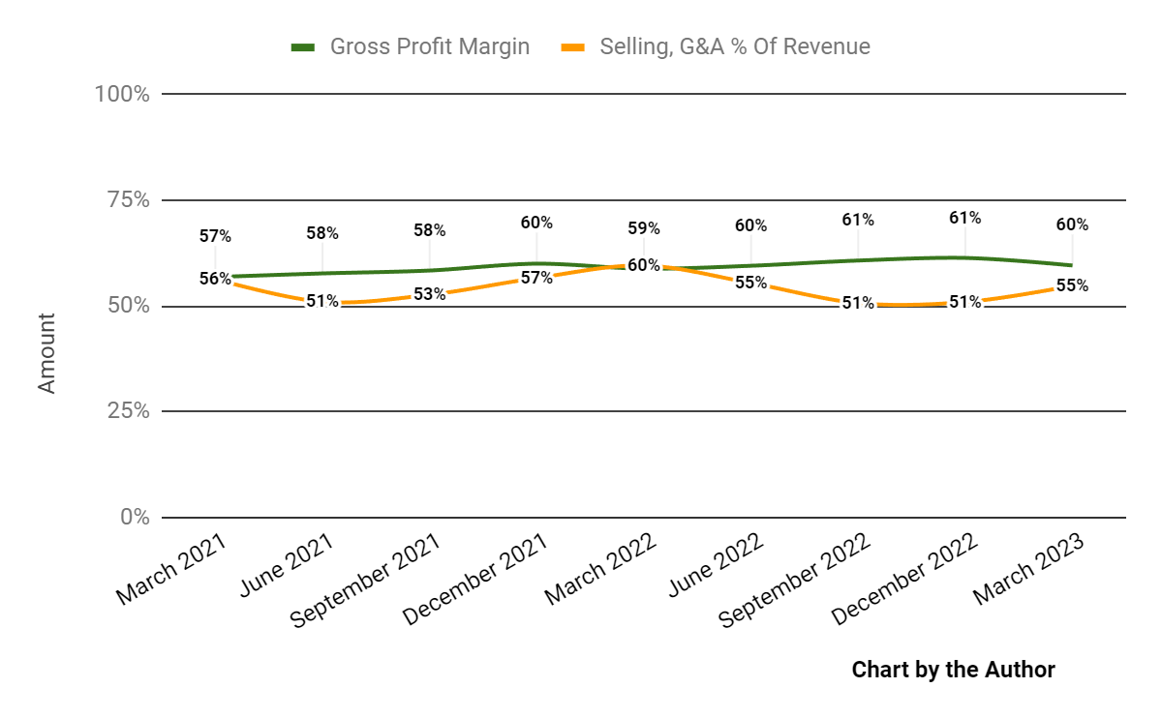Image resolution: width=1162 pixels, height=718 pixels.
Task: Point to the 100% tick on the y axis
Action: point(122,95)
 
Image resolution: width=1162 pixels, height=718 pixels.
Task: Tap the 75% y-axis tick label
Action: point(127,200)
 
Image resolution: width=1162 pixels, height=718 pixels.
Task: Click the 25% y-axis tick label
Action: point(127,411)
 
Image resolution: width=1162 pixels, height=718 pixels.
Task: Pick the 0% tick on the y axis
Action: point(134,518)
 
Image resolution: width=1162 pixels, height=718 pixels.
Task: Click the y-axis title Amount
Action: point(46,352)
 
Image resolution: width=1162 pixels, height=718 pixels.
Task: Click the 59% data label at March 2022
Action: point(643,228)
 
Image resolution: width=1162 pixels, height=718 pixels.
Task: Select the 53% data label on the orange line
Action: point(429,294)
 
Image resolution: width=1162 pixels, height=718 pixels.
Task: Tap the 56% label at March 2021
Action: point(215,279)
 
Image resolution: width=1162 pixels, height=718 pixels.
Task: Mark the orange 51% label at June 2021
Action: point(322,301)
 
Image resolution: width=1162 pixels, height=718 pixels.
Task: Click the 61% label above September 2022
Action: point(858,220)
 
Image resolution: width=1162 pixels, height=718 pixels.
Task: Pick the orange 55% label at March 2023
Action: point(1072,285)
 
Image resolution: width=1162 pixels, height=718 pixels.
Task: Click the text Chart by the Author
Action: point(953,669)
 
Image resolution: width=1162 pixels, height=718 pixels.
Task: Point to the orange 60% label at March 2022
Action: point(643,265)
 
